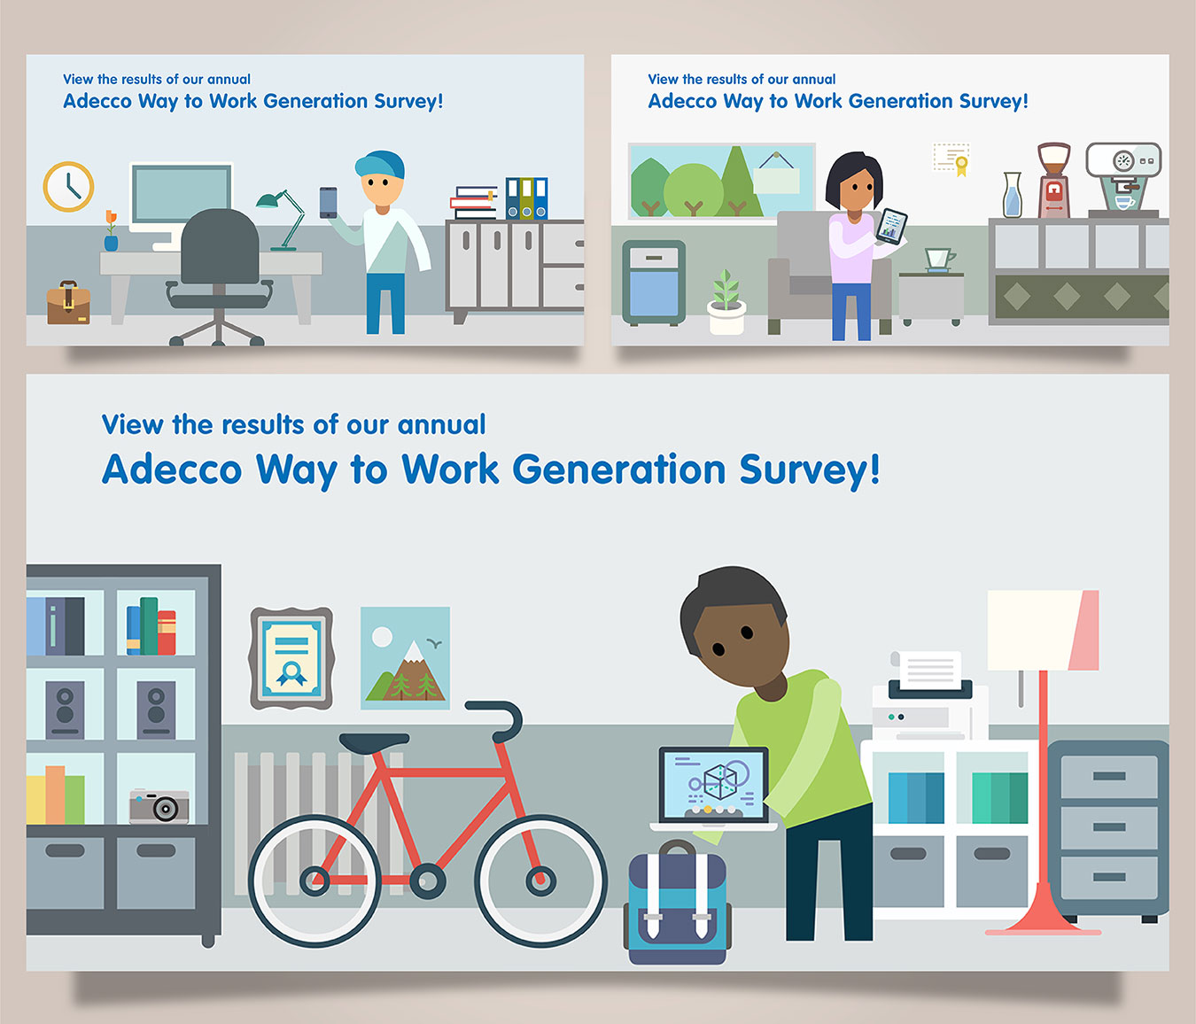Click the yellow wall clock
click(x=68, y=186)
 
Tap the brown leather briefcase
click(x=68, y=303)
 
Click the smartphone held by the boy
click(x=328, y=203)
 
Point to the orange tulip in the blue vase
click(x=111, y=230)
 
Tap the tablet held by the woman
click(x=891, y=226)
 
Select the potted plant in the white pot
click(x=726, y=303)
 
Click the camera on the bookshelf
click(x=159, y=805)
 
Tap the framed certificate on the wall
click(x=291, y=658)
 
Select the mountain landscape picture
click(x=405, y=658)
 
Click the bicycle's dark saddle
click(x=374, y=741)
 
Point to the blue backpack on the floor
click(x=677, y=903)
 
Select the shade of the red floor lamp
click(x=1043, y=630)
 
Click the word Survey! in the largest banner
click(x=810, y=469)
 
